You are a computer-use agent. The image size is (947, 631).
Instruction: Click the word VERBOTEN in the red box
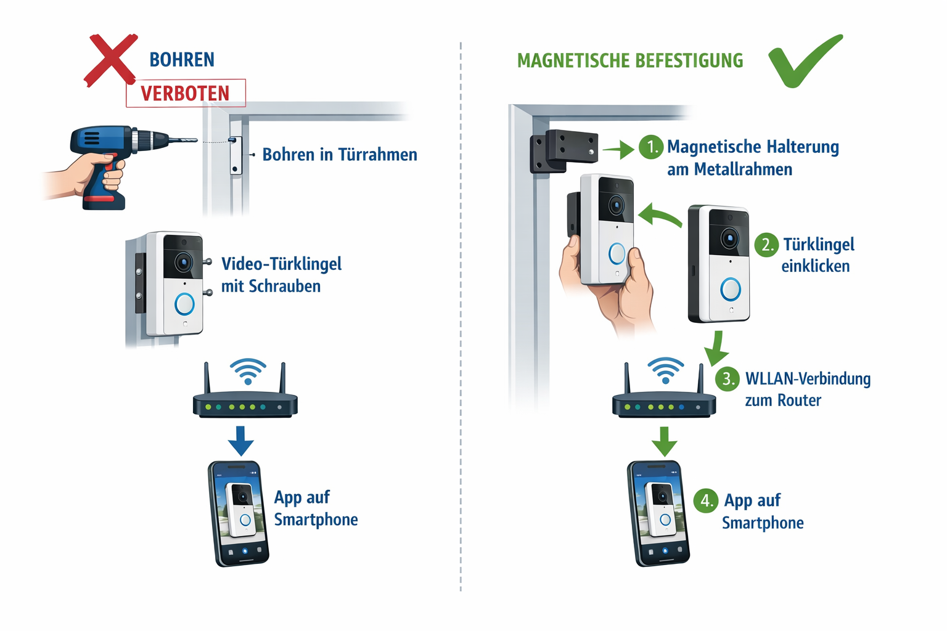click(185, 94)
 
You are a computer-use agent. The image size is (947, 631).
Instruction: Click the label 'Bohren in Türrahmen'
click(339, 154)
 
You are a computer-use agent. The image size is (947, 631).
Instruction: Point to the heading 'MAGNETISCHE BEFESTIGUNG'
click(630, 61)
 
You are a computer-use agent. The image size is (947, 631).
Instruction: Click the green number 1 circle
click(651, 147)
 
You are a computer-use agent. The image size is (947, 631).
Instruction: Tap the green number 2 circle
click(766, 245)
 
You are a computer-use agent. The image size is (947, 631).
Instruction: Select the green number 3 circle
click(728, 378)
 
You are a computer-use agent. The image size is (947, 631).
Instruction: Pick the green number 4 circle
click(706, 500)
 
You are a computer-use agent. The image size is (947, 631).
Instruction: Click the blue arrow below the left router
click(240, 440)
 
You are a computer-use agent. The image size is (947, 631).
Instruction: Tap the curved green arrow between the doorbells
click(660, 216)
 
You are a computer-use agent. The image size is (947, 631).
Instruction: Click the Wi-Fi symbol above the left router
click(248, 371)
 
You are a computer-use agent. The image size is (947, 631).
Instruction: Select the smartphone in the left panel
click(239, 513)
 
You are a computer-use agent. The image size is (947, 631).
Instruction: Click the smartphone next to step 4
click(658, 513)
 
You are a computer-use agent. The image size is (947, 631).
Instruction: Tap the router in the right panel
click(664, 404)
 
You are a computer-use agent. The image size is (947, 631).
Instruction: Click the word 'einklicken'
click(815, 266)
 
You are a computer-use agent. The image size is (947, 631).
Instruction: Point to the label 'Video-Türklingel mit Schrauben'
click(281, 275)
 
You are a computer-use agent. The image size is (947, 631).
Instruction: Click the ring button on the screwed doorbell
click(184, 304)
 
